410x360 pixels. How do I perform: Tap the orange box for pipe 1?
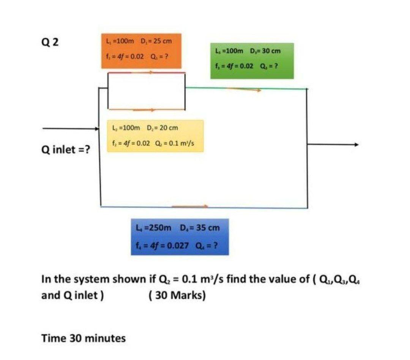[x=141, y=50]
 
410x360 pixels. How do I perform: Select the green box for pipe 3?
[x=252, y=60]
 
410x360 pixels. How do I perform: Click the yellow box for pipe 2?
[x=155, y=136]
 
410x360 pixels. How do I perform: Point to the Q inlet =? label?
[x=66, y=149]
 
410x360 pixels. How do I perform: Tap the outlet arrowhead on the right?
[x=355, y=145]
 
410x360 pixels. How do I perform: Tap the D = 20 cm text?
[x=162, y=128]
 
